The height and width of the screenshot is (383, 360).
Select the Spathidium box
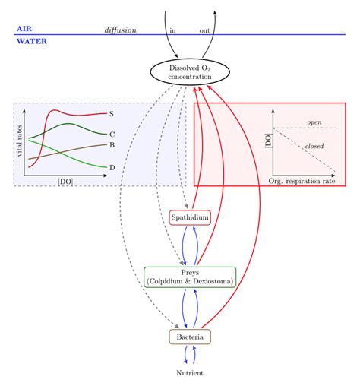click(x=189, y=217)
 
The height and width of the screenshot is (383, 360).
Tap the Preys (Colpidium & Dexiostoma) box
click(x=190, y=277)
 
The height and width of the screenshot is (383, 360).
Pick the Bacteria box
click(x=189, y=336)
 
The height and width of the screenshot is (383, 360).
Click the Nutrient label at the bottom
click(x=189, y=373)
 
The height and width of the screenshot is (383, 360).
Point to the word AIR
click(x=24, y=28)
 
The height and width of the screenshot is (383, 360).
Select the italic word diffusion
click(x=120, y=30)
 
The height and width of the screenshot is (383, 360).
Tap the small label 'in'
click(x=172, y=30)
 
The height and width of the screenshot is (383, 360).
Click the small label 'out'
click(x=204, y=30)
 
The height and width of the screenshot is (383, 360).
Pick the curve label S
click(x=111, y=114)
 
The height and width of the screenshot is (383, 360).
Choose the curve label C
click(x=112, y=134)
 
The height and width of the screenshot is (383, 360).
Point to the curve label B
click(x=112, y=145)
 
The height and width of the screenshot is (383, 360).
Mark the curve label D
click(x=112, y=167)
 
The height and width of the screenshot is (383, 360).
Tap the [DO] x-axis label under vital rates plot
click(x=65, y=182)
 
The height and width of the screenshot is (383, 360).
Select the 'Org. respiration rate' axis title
click(x=302, y=182)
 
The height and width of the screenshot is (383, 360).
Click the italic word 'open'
click(x=314, y=122)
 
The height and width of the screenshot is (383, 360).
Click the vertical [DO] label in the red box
click(x=267, y=139)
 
